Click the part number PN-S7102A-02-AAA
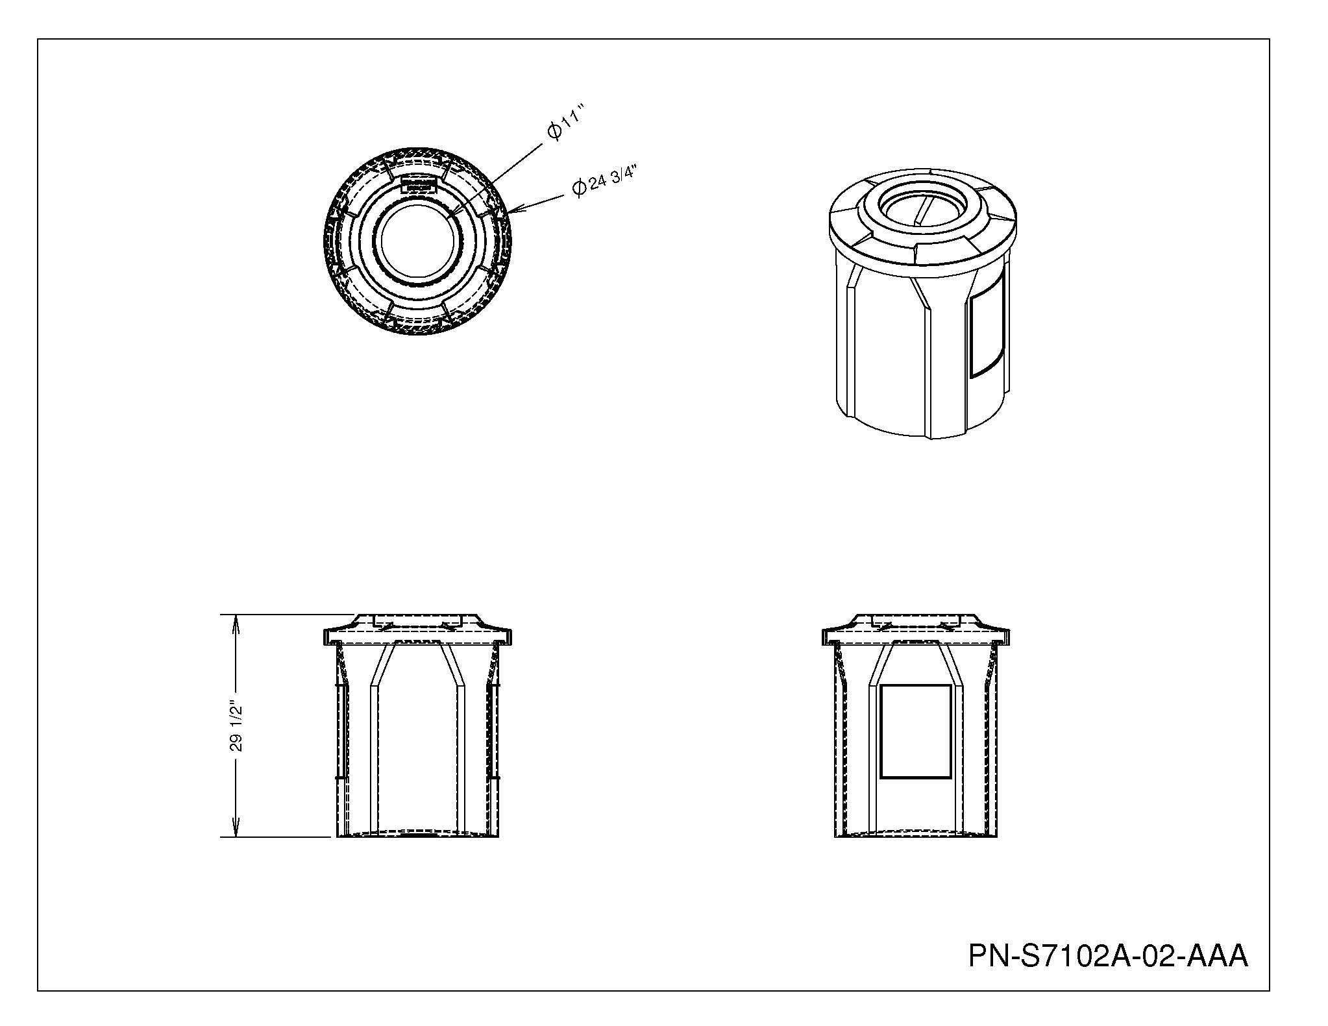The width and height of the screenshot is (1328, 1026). click(1108, 955)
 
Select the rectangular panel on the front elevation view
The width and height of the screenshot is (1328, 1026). click(915, 731)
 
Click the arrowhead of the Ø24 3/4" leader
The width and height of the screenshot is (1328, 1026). click(515, 210)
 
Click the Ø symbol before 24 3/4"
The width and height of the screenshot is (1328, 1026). click(579, 188)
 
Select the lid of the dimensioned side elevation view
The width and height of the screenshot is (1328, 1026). click(417, 629)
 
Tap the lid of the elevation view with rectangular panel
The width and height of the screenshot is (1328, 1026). click(915, 629)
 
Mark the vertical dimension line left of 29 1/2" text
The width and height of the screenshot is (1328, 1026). click(236, 726)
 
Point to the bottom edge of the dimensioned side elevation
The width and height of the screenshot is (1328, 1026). click(418, 837)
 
